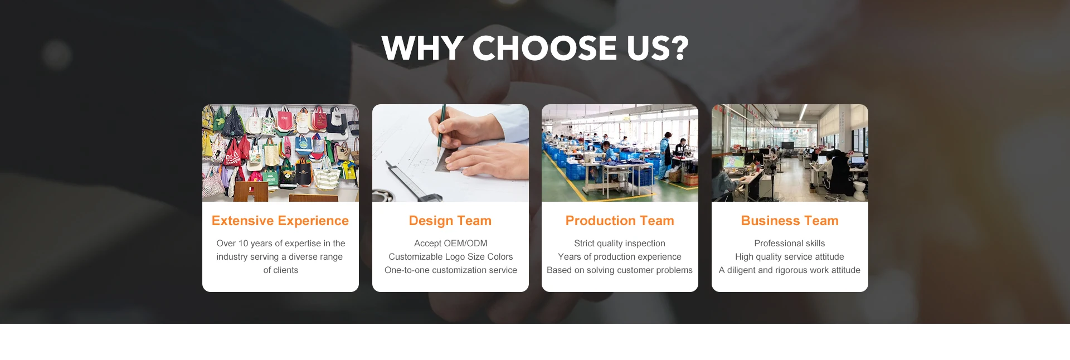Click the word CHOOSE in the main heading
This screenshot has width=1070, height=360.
[x=544, y=48]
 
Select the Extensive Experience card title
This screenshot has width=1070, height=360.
[x=280, y=221]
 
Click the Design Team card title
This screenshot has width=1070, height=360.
[x=450, y=221]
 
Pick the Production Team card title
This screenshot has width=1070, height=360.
[x=620, y=221]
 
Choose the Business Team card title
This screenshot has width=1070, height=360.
[x=790, y=221]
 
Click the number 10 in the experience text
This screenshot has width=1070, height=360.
[x=243, y=244]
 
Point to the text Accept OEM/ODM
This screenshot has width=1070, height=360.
[x=450, y=244]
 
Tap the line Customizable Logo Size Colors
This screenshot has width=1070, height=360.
[x=450, y=257]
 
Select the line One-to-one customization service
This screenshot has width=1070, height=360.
[x=450, y=270]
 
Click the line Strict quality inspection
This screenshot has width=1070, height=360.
[x=620, y=244]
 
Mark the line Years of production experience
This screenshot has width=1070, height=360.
[x=620, y=257]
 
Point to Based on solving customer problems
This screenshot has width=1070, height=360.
[x=620, y=270]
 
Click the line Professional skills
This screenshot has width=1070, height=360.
[x=790, y=244]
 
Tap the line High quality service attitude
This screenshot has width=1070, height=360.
[x=790, y=257]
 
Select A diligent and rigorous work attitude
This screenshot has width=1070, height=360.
[x=790, y=270]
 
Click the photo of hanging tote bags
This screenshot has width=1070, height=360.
[x=280, y=153]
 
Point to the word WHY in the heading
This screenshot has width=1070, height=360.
[x=423, y=48]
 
